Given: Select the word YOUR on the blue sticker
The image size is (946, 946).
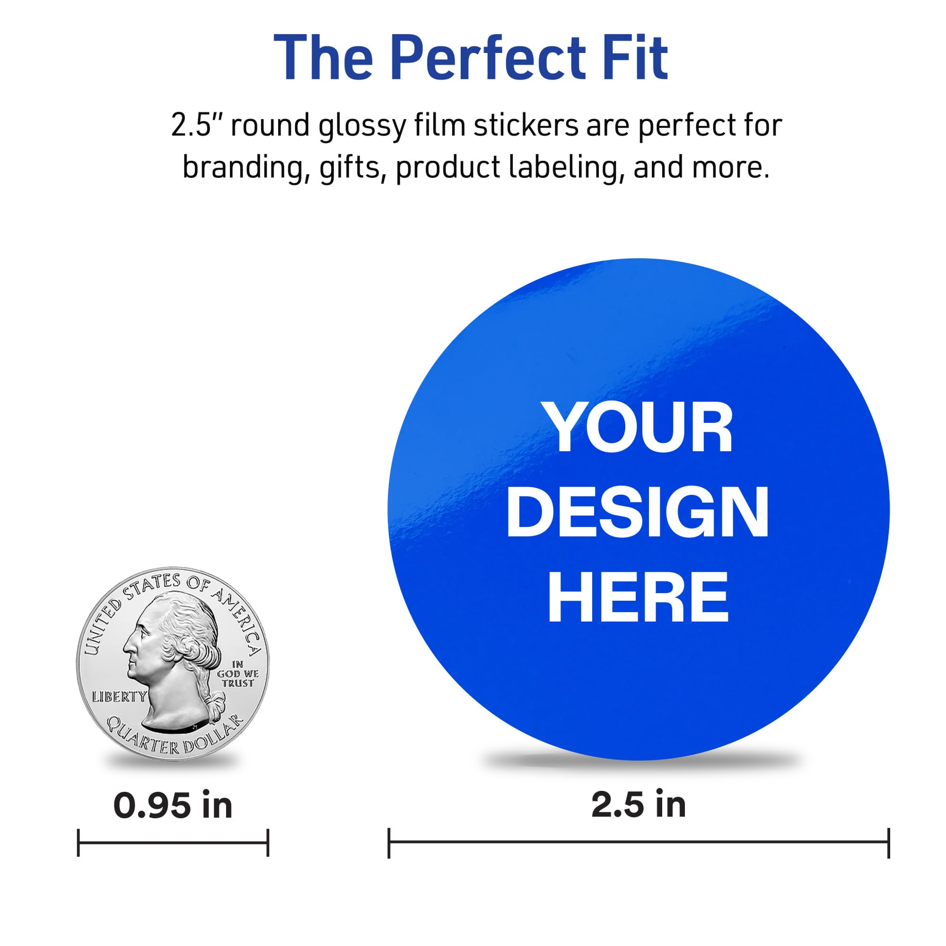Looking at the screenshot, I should pyautogui.click(x=639, y=430).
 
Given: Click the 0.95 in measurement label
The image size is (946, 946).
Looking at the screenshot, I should pyautogui.click(x=173, y=806).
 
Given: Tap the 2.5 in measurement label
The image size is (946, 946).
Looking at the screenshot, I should pyautogui.click(x=639, y=805).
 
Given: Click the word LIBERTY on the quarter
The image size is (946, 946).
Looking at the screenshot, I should pyautogui.click(x=120, y=696).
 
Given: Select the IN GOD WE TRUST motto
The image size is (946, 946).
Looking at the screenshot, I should pyautogui.click(x=237, y=674).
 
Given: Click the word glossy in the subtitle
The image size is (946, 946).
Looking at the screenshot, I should pyautogui.click(x=362, y=126).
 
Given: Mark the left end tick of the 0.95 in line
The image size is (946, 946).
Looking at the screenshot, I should pyautogui.click(x=79, y=843).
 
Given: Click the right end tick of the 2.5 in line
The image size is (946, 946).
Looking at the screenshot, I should pyautogui.click(x=888, y=843).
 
